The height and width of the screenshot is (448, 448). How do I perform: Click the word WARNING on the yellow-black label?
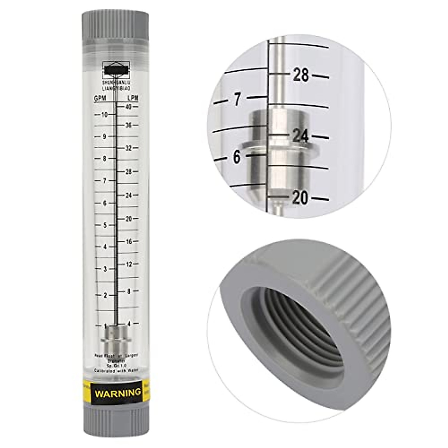coord(118,393)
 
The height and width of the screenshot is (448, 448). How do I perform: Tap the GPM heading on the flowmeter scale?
coord(100,98)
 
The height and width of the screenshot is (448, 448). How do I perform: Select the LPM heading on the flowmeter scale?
coord(133,98)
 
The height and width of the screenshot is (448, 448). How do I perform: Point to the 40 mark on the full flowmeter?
coord(129,107)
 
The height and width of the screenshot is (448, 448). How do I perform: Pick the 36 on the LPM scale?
coord(129,125)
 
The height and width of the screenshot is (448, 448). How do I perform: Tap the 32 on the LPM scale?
coord(129,148)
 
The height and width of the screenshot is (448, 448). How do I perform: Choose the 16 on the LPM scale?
coord(129,242)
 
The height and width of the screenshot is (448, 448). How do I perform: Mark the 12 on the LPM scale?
coord(129,265)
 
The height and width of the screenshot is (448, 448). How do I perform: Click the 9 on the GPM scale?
coord(105,137)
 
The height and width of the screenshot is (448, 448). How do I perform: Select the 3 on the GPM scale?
coord(105,269)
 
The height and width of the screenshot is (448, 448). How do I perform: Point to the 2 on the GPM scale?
coord(105,295)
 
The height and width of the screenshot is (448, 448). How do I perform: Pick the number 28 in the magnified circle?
coord(301,75)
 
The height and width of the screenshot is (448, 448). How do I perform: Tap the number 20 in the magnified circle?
coord(300,198)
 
